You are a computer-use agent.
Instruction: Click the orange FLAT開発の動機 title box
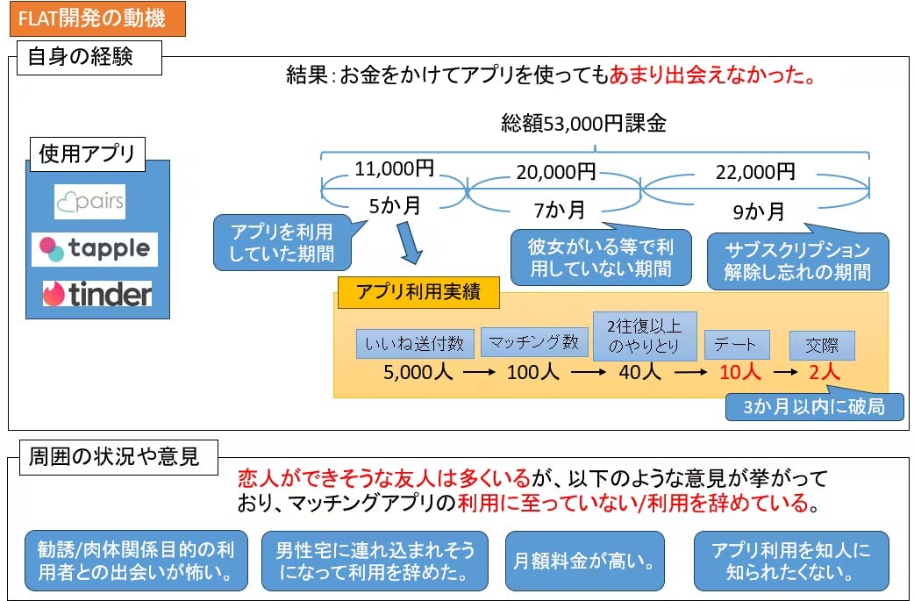(x=96, y=18)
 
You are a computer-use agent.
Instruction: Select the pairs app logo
(x=89, y=202)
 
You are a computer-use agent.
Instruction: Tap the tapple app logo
(x=95, y=249)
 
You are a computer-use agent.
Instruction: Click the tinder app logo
(x=97, y=295)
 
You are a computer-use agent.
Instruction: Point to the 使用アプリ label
(x=87, y=154)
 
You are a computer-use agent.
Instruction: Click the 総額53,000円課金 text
(x=583, y=123)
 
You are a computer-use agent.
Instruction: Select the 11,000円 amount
(x=395, y=168)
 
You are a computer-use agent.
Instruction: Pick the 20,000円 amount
(x=556, y=172)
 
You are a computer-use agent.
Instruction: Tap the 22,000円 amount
(x=756, y=172)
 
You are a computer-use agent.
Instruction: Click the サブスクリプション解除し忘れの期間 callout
(x=797, y=261)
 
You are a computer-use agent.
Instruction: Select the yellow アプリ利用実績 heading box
(x=418, y=293)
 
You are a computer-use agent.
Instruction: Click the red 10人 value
(x=739, y=372)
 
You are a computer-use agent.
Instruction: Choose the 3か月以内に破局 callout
(x=815, y=406)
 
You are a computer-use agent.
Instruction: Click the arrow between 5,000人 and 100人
(x=480, y=373)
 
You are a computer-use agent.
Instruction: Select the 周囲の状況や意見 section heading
(x=114, y=456)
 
